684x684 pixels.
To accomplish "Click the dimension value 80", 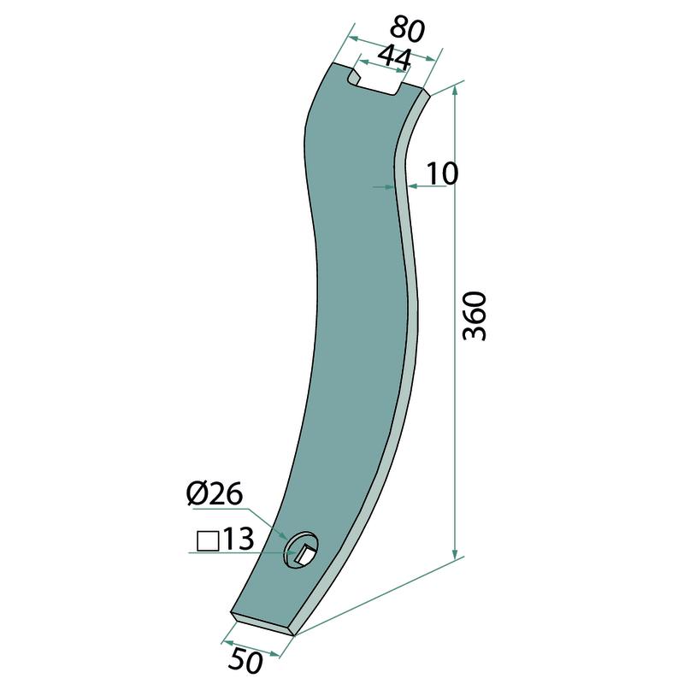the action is (x=407, y=30).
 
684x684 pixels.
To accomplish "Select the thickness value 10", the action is (x=442, y=174).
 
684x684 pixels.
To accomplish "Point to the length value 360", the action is (x=475, y=316).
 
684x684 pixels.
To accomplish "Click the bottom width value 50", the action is (x=245, y=661).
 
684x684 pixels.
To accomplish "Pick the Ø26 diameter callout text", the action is (x=215, y=495).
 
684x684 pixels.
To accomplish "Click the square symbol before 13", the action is (x=208, y=541).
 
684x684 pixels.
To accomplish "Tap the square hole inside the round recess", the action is (x=304, y=553).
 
